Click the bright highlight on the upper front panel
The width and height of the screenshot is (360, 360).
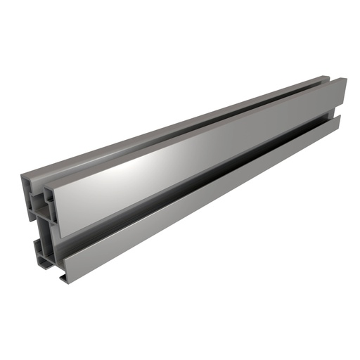click(x=151, y=163)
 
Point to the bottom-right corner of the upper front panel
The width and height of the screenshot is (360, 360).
click(x=347, y=106)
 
